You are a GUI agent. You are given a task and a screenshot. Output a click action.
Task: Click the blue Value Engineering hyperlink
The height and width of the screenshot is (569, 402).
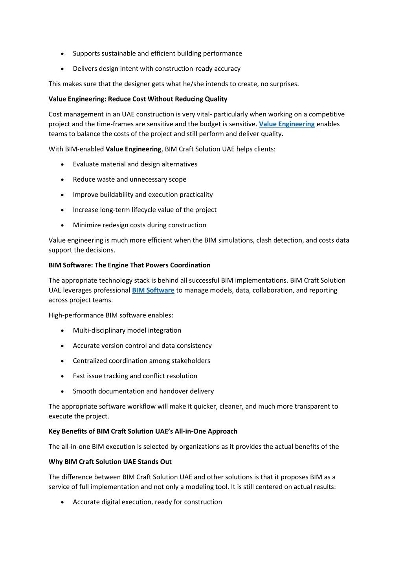coord(286,124)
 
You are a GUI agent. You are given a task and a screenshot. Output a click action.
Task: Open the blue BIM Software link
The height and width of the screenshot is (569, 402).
coord(153,290)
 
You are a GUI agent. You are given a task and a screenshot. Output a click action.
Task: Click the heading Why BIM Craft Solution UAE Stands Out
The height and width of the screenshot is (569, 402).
coord(110,462)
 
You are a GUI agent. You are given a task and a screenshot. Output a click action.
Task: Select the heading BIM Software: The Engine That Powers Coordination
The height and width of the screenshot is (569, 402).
coord(129,265)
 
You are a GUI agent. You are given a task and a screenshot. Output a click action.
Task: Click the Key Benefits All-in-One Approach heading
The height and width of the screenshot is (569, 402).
coord(143,431)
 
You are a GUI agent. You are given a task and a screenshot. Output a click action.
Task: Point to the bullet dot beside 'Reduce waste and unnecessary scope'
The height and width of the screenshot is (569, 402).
coord(62,180)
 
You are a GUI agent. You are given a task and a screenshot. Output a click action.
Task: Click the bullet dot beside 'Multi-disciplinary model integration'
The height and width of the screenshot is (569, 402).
coord(62,331)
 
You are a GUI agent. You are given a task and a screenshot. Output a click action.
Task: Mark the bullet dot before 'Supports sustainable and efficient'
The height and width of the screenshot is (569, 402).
coord(62,54)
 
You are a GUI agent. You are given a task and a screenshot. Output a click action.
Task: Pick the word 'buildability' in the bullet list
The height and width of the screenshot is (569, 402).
coord(114,195)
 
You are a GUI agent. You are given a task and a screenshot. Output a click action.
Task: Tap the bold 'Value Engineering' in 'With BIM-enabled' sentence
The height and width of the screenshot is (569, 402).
coord(133,149)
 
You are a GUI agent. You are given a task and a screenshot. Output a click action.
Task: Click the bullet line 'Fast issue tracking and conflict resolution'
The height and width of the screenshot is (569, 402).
coord(135,376)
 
